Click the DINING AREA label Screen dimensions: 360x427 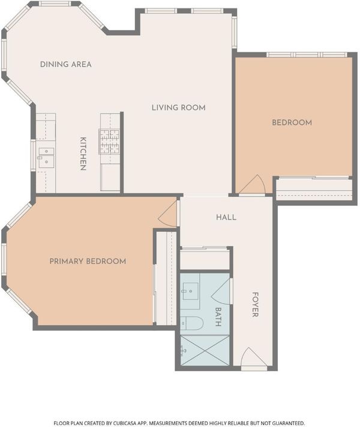pos(65,65)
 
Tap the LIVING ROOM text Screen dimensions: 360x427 pos(179,108)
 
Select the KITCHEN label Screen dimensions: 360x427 pos(83,154)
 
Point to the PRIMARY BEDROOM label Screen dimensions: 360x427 pos(88,261)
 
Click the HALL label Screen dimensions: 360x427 pos(226,217)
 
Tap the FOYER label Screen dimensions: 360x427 pos(255,305)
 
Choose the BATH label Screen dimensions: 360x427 pos(218,317)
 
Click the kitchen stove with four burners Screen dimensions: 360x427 pos(110,142)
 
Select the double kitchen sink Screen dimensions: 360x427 pos(46,158)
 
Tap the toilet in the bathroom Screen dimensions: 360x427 pos(192,323)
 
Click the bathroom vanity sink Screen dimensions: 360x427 pos(190,291)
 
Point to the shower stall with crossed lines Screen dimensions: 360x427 pos(205,351)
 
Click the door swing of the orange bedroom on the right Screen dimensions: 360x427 pos(253,185)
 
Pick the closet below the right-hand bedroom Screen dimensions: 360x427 pos(314,189)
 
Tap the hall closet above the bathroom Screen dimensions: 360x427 pos(205,259)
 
